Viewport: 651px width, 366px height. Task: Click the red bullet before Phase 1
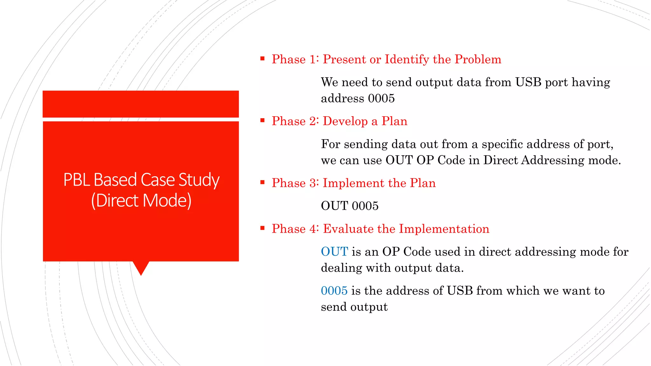tap(262, 58)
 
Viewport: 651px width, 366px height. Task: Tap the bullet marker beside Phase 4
tap(262, 228)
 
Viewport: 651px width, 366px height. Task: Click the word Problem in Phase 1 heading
tap(477, 59)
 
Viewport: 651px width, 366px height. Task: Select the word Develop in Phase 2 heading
tap(345, 121)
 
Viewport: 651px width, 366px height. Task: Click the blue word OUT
tap(334, 252)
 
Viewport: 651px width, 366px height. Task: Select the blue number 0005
tap(334, 291)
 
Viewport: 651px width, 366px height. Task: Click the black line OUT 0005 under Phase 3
tap(350, 206)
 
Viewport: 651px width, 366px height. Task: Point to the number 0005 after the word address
tap(381, 98)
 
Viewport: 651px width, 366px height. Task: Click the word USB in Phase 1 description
tap(528, 82)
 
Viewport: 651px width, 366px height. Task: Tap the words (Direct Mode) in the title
tap(141, 201)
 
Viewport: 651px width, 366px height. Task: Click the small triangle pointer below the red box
tap(141, 268)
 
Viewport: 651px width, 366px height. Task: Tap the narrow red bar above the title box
tap(140, 104)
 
